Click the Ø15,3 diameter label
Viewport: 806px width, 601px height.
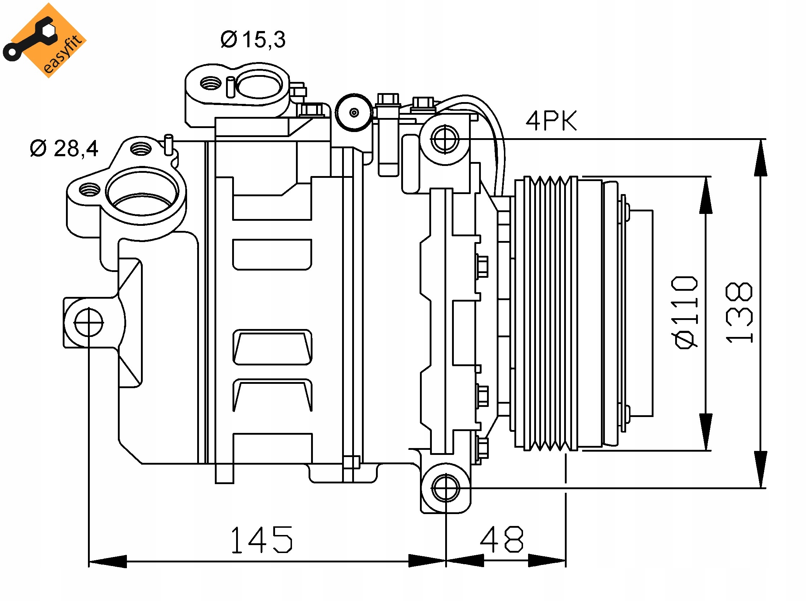click(253, 40)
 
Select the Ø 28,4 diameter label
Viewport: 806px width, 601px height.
click(64, 149)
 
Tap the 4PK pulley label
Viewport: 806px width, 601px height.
click(551, 121)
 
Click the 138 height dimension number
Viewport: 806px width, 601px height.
click(739, 313)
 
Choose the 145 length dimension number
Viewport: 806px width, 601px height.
click(261, 540)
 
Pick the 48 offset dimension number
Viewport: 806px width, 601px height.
click(502, 539)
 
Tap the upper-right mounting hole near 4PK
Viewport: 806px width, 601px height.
click(444, 139)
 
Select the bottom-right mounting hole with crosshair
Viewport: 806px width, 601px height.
click(446, 488)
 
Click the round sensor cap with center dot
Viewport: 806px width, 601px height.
click(354, 113)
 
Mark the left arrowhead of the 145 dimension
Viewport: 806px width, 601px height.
click(107, 561)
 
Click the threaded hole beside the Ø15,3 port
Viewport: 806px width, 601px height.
click(211, 83)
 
